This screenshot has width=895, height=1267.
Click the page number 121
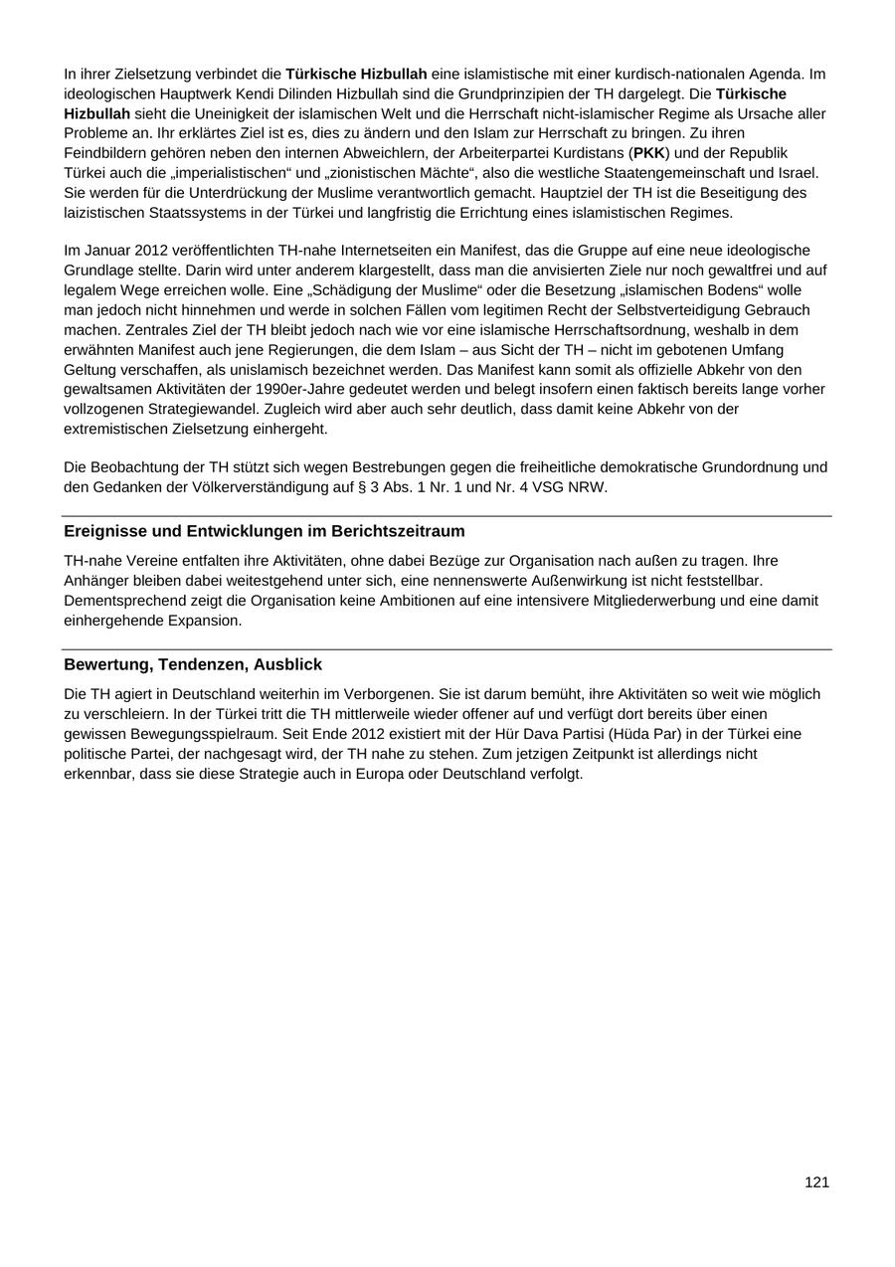(x=816, y=1182)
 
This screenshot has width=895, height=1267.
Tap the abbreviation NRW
(x=588, y=487)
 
